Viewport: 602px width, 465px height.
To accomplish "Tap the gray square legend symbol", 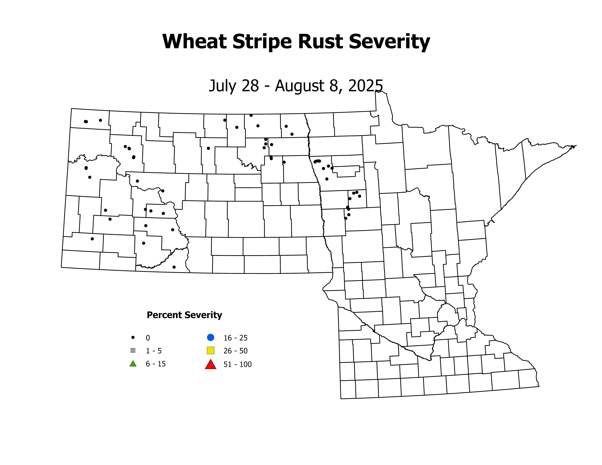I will click(133, 350).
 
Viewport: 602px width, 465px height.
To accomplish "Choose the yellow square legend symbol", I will click(211, 350).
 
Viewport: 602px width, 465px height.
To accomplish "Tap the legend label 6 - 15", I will click(156, 364).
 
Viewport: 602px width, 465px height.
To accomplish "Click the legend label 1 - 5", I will click(154, 351).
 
